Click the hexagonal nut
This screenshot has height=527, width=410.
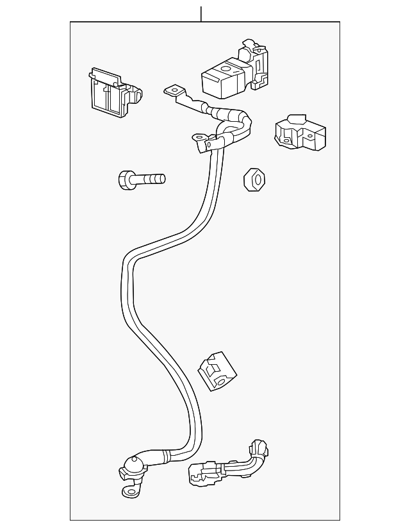coord(254,180)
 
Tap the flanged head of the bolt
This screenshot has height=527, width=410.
coord(126,180)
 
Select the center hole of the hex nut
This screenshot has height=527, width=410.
coord(255,180)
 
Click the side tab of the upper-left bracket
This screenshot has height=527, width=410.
coord(136,96)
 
